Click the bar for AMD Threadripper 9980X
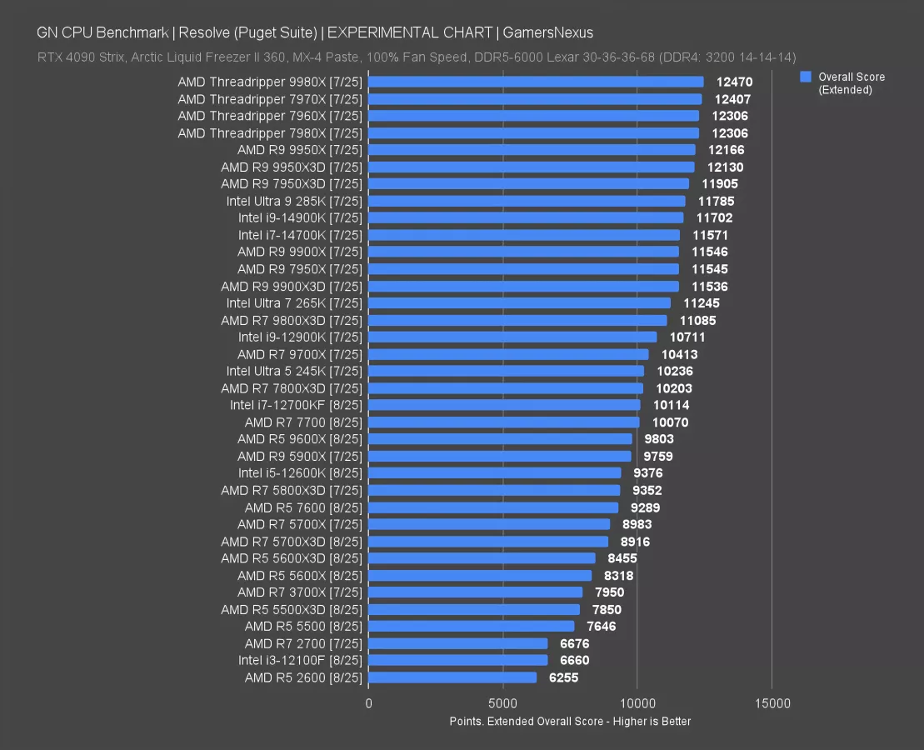[x=536, y=82]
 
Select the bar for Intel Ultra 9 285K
[x=527, y=201]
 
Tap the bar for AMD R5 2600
[x=452, y=677]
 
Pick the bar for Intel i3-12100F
[x=457, y=660]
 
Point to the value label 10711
[x=688, y=337]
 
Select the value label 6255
[x=563, y=677]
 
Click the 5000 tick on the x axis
[x=503, y=703]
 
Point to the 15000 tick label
[x=772, y=703]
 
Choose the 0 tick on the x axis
[x=369, y=703]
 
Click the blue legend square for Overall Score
[x=806, y=77]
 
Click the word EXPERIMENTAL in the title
[x=374, y=33]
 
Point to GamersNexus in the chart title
[x=549, y=33]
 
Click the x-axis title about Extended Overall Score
[x=570, y=721]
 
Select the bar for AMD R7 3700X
[x=475, y=592]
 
